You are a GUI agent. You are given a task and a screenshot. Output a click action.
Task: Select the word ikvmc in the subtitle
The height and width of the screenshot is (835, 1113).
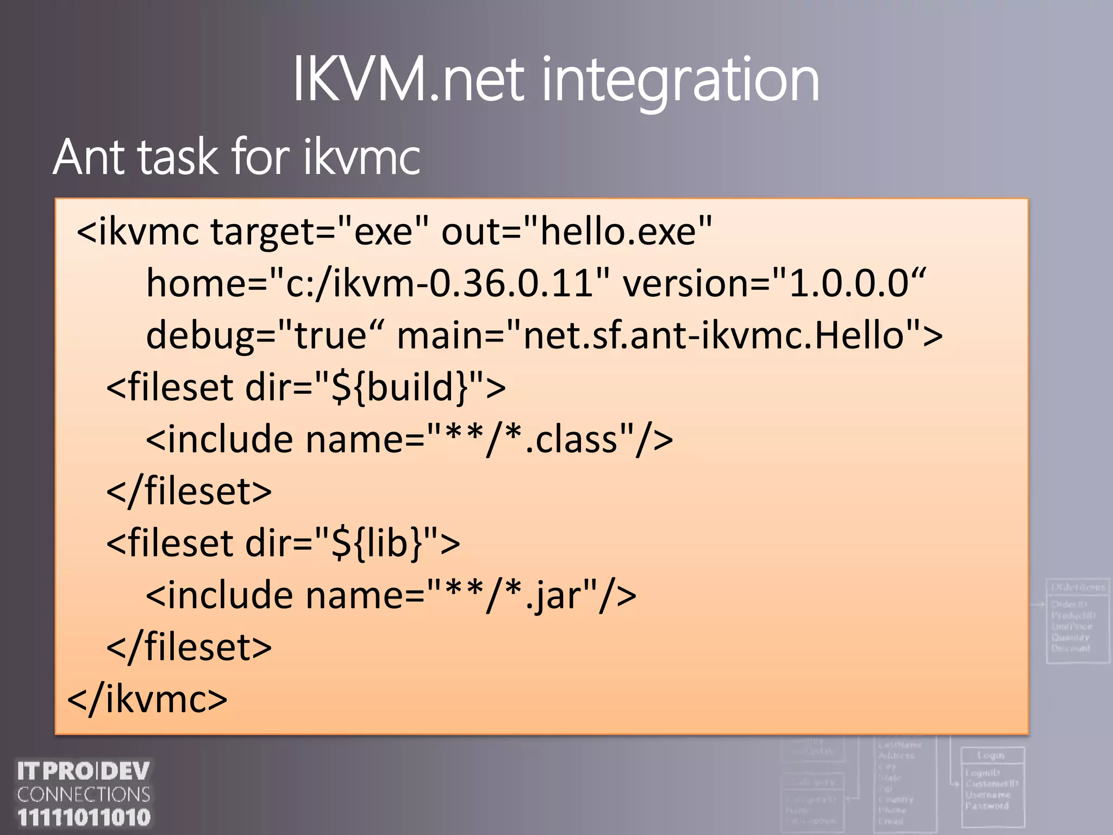click(x=361, y=157)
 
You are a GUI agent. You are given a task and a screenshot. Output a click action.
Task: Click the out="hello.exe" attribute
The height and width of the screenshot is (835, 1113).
click(x=576, y=232)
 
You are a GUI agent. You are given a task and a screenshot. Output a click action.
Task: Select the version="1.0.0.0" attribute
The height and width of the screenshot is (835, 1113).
click(x=774, y=283)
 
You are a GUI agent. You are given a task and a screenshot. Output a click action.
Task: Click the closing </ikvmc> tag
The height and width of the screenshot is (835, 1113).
click(x=147, y=699)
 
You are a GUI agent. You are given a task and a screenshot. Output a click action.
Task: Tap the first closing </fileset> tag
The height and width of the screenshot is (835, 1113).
click(x=189, y=491)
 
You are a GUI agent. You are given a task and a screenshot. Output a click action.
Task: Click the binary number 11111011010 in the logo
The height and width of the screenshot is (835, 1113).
click(x=84, y=817)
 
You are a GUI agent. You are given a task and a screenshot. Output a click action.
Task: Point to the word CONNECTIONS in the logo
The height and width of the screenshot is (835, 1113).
click(x=84, y=794)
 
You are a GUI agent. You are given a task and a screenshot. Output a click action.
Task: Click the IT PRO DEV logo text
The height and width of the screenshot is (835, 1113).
click(x=84, y=771)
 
